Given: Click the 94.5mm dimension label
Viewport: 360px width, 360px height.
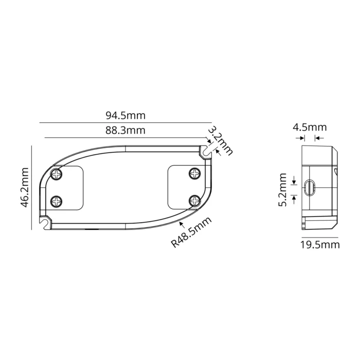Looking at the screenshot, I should pos(125,116).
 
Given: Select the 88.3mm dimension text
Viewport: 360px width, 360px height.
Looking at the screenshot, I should pos(125,131).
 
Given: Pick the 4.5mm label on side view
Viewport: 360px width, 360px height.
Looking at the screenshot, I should pos(310,127).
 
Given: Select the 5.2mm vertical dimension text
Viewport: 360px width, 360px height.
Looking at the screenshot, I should pos(283,189).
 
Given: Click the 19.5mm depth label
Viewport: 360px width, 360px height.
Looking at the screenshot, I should pos(320,245).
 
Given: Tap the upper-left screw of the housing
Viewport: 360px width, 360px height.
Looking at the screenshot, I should pos(56,174).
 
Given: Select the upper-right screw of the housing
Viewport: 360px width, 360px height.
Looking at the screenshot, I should pos(194,174).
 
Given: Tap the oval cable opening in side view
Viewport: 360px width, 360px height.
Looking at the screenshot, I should pos(309,188).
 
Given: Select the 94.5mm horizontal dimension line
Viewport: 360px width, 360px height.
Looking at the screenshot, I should pos(125,123).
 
